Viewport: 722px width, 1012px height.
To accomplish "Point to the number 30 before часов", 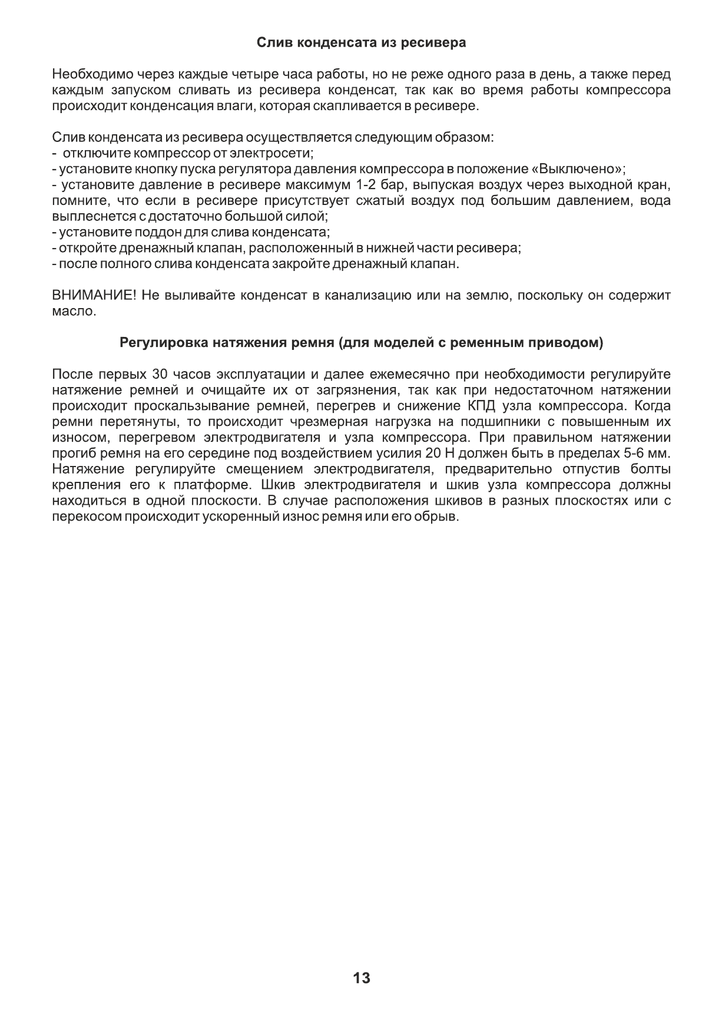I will [160, 375].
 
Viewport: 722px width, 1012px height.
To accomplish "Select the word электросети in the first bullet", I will [270, 154].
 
